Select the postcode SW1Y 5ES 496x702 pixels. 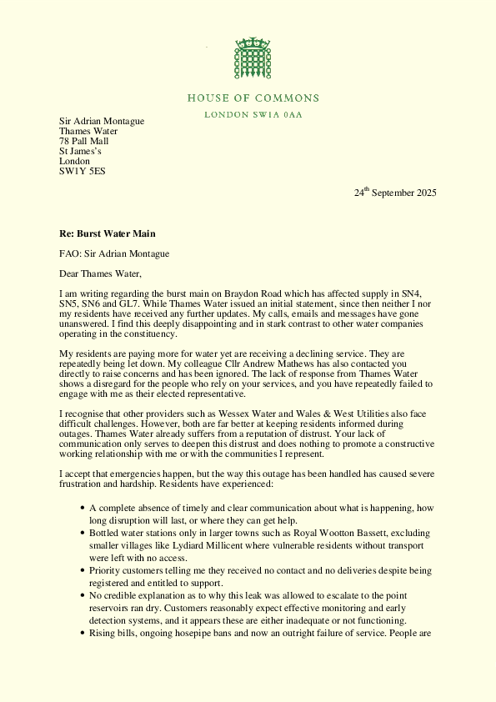tap(82, 172)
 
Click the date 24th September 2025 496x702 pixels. tap(394, 193)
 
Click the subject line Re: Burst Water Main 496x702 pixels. tap(107, 233)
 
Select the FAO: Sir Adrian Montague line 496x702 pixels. tap(116, 253)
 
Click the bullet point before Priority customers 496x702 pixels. tap(81, 570)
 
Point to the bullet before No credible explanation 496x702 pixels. tap(81, 596)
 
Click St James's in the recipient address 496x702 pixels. tap(80, 152)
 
